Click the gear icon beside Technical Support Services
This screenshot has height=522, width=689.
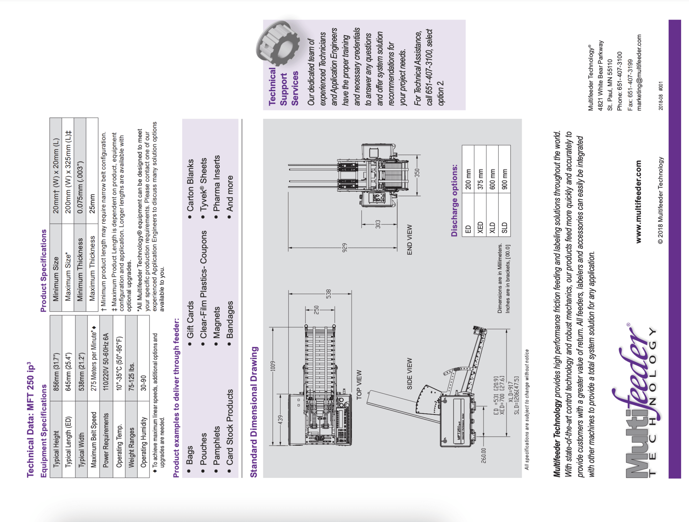pyautogui.click(x=278, y=43)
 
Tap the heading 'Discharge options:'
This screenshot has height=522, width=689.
pyautogui.click(x=454, y=200)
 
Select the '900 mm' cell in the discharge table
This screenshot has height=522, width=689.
pyautogui.click(x=504, y=179)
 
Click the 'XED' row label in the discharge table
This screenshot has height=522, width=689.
pyautogui.click(x=480, y=228)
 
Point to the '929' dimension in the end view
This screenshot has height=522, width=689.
pyautogui.click(x=344, y=248)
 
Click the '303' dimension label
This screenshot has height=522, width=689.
pyautogui.click(x=378, y=224)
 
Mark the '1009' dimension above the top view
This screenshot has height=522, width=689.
pyautogui.click(x=273, y=366)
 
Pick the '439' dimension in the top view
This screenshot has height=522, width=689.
pyautogui.click(x=281, y=420)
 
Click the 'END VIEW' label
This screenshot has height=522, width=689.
pyautogui.click(x=410, y=240)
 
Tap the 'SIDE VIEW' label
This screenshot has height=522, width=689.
pyautogui.click(x=410, y=374)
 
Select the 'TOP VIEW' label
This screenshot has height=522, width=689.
pyautogui.click(x=359, y=385)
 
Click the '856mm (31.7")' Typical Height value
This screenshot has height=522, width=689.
pyautogui.click(x=56, y=372)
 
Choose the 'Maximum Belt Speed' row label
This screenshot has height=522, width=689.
pyautogui.click(x=94, y=440)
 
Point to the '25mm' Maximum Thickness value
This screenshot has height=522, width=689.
pyautogui.click(x=92, y=204)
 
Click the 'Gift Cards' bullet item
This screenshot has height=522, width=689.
pyautogui.click(x=190, y=320)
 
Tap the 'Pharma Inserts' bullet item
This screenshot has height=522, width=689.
pyautogui.click(x=216, y=183)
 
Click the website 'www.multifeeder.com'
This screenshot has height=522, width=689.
pyautogui.click(x=638, y=202)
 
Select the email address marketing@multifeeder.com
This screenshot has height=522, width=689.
pyautogui.click(x=639, y=72)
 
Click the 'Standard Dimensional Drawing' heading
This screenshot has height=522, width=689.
pyautogui.click(x=254, y=412)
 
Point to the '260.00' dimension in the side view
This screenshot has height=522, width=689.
pyautogui.click(x=484, y=455)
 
